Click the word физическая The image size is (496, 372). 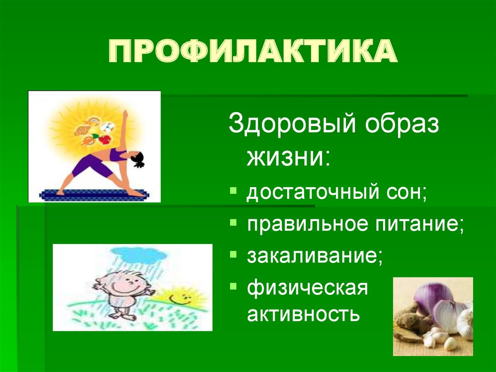click(308, 288)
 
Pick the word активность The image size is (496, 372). click(304, 315)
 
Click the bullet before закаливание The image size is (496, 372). click(233, 254)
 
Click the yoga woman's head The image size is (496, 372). click(137, 158)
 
